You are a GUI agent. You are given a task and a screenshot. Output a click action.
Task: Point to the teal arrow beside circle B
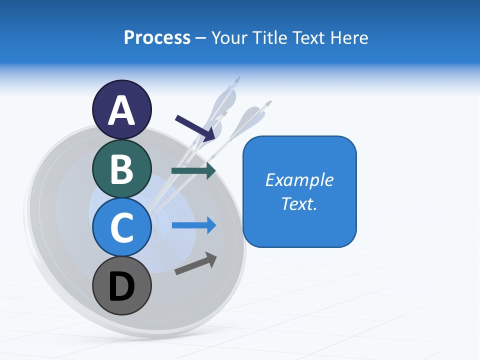click(x=193, y=170)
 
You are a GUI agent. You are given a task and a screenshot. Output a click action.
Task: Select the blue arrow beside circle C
click(x=194, y=225)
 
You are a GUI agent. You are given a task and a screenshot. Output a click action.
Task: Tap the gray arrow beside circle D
click(x=195, y=264)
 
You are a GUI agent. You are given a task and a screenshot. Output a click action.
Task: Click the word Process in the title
click(x=157, y=37)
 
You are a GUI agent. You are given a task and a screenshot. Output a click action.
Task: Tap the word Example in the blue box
click(x=299, y=179)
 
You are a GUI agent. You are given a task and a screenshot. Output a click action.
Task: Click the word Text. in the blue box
click(x=299, y=203)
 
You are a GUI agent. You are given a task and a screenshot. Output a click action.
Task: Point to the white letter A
click(x=121, y=111)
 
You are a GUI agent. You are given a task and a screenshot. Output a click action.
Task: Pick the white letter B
click(x=121, y=169)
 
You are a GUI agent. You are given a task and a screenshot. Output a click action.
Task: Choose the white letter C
click(x=121, y=227)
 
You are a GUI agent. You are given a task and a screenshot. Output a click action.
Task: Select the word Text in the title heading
click(x=308, y=37)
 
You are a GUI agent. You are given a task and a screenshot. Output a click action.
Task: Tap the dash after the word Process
click(x=201, y=38)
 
